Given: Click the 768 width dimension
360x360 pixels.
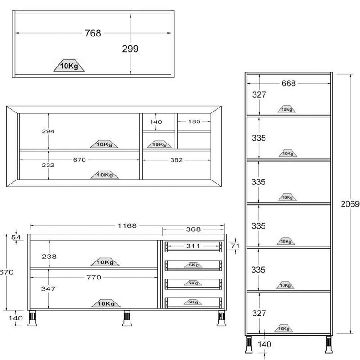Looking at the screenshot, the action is click(x=93, y=33).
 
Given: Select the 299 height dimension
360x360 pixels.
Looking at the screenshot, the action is click(x=130, y=49).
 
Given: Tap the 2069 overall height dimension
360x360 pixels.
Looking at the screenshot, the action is click(x=350, y=204).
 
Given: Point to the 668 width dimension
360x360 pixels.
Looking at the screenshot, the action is click(x=288, y=83).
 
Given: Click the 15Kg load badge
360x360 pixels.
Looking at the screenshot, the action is click(x=159, y=144).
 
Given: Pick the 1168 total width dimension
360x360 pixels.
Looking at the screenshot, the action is click(x=127, y=226).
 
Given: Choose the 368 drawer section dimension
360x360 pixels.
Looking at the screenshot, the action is click(x=193, y=229).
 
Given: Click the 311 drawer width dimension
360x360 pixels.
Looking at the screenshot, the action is click(x=193, y=246).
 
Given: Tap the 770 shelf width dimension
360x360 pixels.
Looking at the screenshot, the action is click(x=94, y=277).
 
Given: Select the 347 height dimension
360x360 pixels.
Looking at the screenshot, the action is click(x=48, y=288).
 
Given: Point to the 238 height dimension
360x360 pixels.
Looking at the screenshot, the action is click(x=49, y=256).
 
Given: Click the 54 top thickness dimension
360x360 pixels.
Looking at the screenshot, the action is click(x=16, y=238).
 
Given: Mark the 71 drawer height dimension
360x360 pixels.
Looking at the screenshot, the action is click(x=235, y=246).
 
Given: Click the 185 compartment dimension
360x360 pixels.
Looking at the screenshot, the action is click(x=194, y=121).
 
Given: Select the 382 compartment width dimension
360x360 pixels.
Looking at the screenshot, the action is click(x=176, y=160).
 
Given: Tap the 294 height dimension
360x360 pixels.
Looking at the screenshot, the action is click(x=48, y=131).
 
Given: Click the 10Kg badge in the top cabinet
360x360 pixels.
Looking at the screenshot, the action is click(x=69, y=65).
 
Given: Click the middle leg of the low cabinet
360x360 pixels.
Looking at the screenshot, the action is click(x=127, y=318).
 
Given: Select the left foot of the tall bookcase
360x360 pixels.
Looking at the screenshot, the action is click(x=249, y=344).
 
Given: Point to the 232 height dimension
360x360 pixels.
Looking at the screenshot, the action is click(x=48, y=165).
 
